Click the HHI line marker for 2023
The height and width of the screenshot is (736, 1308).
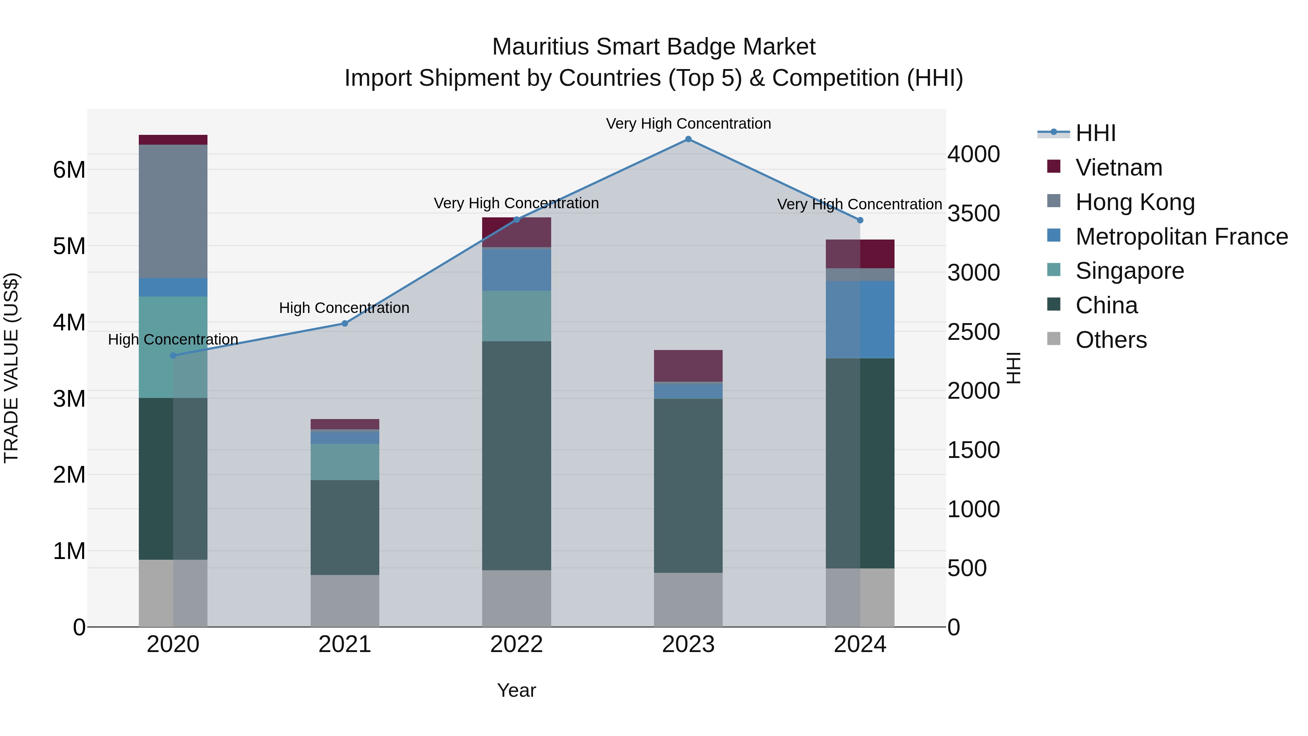[688, 139]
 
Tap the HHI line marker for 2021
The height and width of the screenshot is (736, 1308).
[345, 323]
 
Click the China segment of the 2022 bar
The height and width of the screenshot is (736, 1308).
[516, 456]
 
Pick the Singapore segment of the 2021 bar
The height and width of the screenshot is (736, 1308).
[345, 462]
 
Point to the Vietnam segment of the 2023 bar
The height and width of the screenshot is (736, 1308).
[688, 366]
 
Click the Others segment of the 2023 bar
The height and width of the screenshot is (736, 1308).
[688, 599]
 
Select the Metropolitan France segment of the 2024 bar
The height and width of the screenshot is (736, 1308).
[860, 319]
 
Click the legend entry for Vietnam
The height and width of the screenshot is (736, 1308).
[1119, 168]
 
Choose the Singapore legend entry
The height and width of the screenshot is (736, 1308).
[1129, 271]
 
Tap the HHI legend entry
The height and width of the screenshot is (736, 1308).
[1095, 133]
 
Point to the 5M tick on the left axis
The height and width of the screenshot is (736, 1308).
[69, 246]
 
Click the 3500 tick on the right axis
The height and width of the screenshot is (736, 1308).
[973, 213]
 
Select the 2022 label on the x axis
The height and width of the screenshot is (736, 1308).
[516, 644]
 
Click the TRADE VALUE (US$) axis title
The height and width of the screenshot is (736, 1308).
[11, 368]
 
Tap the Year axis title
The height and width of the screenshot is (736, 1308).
[516, 690]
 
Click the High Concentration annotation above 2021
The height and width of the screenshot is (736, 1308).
[344, 308]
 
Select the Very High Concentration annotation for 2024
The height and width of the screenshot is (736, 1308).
[859, 204]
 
